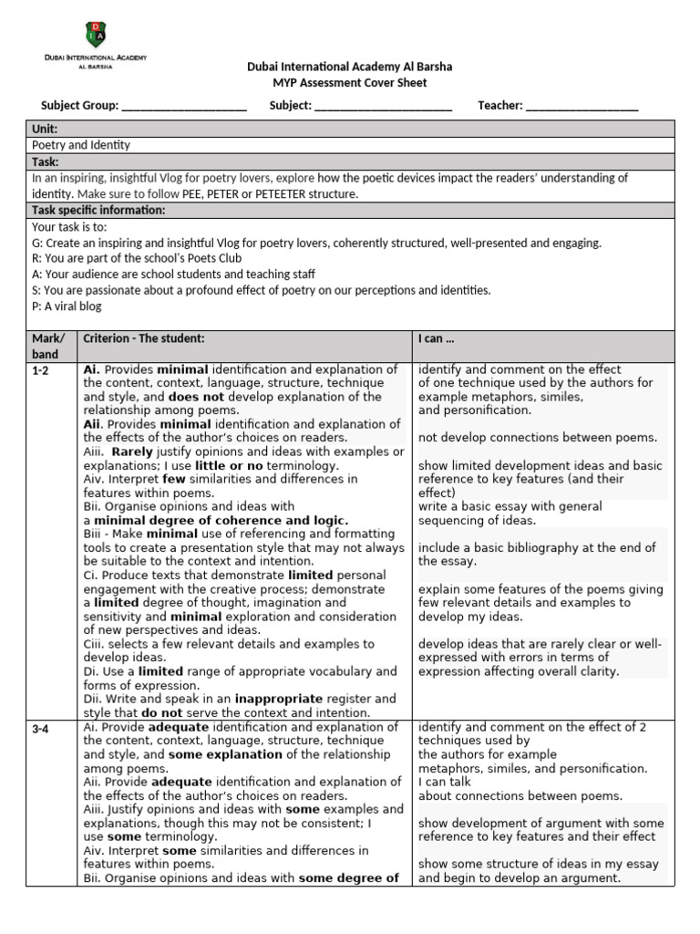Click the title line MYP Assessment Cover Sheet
[350, 83]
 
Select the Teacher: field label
[499, 106]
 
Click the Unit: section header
[46, 130]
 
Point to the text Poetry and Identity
[81, 145]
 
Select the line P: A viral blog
[67, 306]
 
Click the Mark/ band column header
[46, 346]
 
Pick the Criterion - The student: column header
[144, 338]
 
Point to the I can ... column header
[436, 338]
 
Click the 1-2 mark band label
[41, 370]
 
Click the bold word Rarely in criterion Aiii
[134, 451]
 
